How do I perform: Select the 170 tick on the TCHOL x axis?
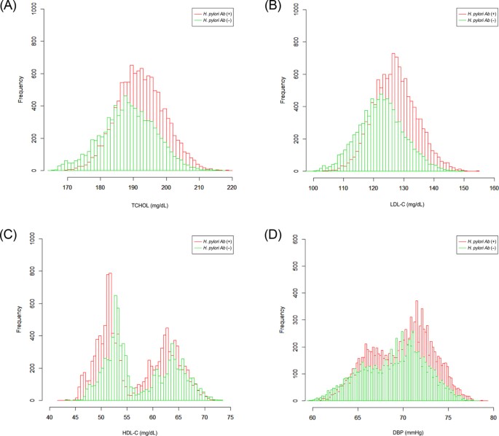(67, 187)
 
